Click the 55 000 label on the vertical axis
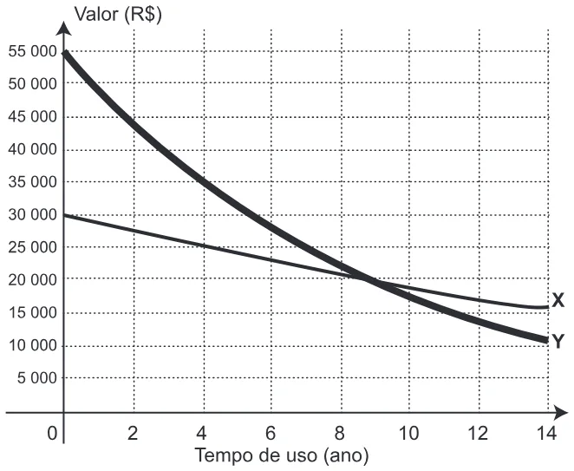pos(33,51)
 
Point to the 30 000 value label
pos(33,214)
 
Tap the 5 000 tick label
pos(37,377)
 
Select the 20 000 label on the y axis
pos(33,280)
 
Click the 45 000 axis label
pos(33,117)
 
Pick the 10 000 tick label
pos(33,345)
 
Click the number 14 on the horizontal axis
pos(546,434)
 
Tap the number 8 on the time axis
pos(340,434)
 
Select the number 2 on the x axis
pos(133,434)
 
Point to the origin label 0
pos(52,434)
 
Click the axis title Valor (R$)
pos(118,15)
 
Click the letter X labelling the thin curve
pos(558,300)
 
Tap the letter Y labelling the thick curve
pos(558,342)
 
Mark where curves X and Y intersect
pos(366,279)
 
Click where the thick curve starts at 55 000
pos(64,54)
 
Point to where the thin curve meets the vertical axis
pos(64,215)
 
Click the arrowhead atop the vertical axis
pos(63,28)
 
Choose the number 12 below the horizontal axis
pos(478,434)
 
